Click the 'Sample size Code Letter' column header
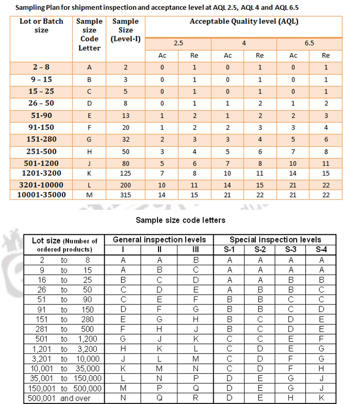pos(89,35)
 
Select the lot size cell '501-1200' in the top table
pos(41,163)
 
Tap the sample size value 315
pos(125,195)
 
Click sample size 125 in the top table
pos(125,173)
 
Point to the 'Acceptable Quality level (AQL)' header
pos(244,22)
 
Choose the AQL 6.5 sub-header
pos(309,44)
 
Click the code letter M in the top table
pos(89,195)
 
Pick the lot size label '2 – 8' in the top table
pos(41,67)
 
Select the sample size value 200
pos(125,184)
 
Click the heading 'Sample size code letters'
pos(179,221)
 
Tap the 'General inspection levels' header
pos(159,240)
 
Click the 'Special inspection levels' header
pos(275,240)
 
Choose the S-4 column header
pos(321,250)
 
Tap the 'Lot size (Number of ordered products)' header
pos(64,245)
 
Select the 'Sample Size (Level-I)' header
pos(125,30)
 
